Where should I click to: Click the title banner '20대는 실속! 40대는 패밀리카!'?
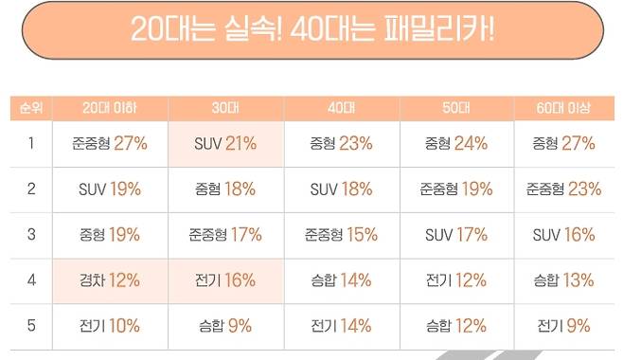coord(311,31)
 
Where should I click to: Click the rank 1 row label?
coord(31,144)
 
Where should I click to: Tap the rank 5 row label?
coord(31,326)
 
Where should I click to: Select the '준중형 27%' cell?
coord(111,144)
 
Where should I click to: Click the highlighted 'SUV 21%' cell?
coord(226,144)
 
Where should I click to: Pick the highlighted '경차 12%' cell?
coord(111,280)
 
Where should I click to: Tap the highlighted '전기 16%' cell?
coord(226,280)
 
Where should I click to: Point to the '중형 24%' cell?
coord(456,144)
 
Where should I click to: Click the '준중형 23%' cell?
coord(563,189)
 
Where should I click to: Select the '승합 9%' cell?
coord(226,326)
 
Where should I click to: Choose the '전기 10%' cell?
coord(111,326)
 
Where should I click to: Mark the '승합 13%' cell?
coord(563,280)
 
